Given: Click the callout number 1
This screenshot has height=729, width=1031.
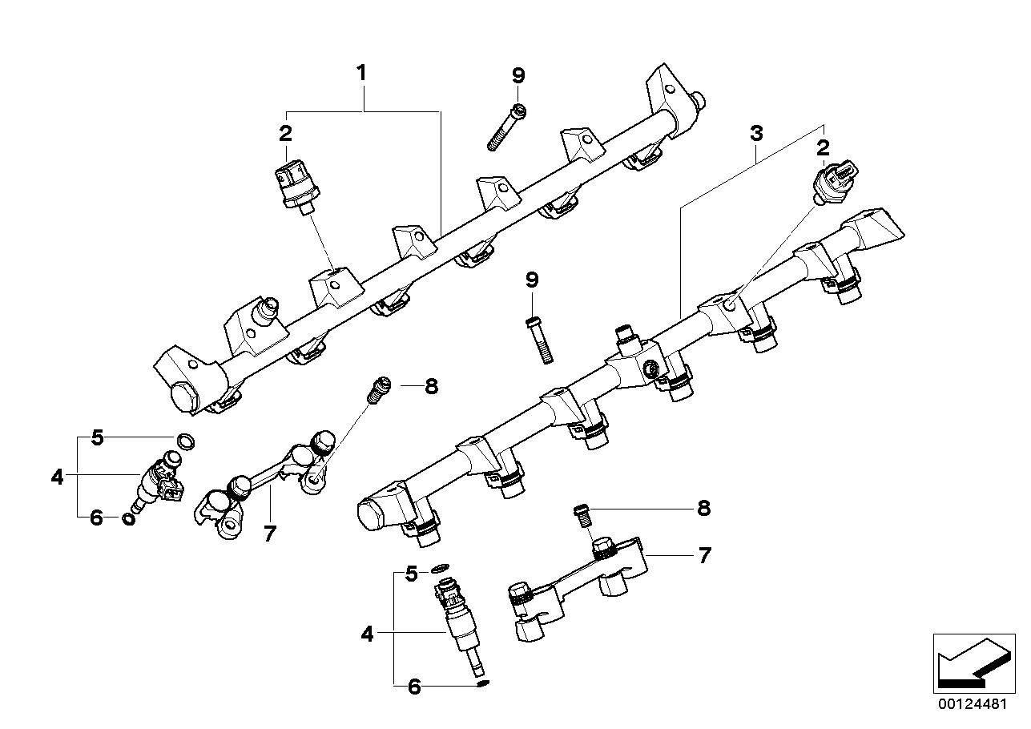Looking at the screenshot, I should (x=361, y=73).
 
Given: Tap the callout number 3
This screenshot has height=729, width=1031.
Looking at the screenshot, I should (x=756, y=134).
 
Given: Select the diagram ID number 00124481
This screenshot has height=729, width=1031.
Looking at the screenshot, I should (x=973, y=705).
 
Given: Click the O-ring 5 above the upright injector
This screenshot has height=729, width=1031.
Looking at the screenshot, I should (x=440, y=570).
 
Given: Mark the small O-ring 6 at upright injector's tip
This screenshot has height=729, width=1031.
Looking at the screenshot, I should (x=481, y=683).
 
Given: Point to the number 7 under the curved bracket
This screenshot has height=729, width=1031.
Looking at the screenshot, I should (x=269, y=533).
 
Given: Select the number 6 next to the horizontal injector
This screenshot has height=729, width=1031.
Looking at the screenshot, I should (x=96, y=518).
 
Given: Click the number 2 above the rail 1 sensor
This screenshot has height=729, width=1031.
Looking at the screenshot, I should (x=285, y=134).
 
